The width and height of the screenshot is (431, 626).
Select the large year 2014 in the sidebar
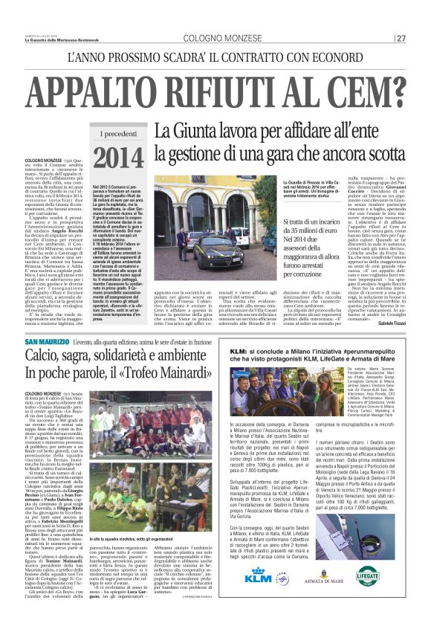click(120, 158)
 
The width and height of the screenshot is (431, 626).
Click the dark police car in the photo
click(192, 236)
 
